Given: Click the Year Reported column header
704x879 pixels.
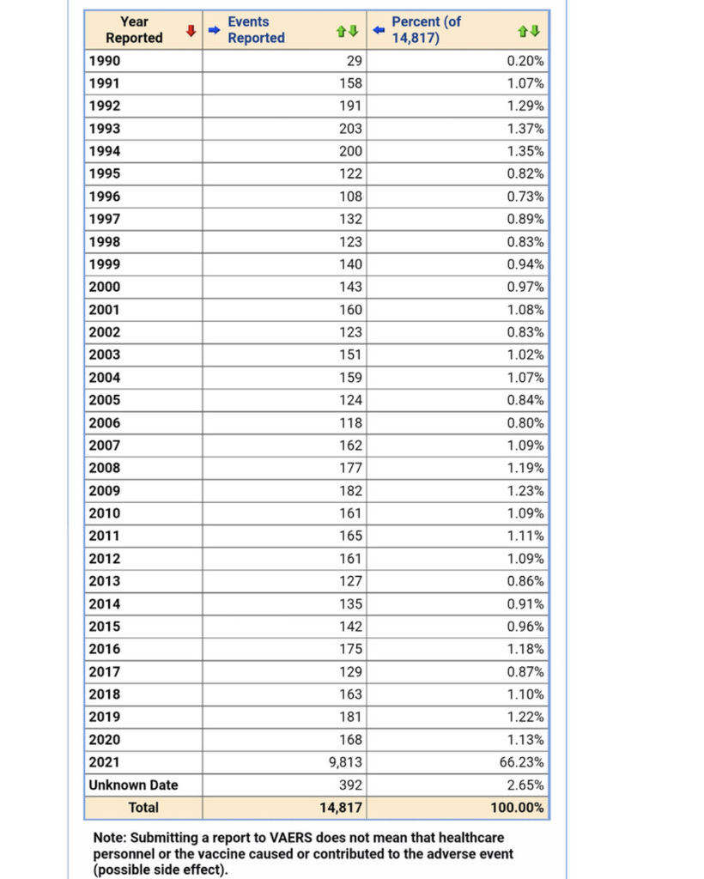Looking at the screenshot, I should point(134,30).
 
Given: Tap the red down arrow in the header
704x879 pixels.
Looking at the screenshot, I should point(190,32).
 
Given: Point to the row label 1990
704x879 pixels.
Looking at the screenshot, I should point(105,61).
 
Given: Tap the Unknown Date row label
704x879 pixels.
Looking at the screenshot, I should point(133,785).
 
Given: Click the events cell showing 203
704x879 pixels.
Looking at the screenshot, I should point(351,129).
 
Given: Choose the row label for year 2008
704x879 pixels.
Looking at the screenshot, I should point(105,468).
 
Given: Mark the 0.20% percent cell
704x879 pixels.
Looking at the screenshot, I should point(525,61).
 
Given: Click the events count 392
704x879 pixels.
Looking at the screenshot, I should point(351,785).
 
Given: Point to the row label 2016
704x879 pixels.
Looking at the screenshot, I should point(105,649).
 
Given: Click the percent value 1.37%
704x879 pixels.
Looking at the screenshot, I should point(525,129).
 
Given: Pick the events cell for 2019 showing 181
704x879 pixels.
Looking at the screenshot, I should point(351,717).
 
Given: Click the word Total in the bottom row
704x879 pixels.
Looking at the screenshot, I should point(143,808).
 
